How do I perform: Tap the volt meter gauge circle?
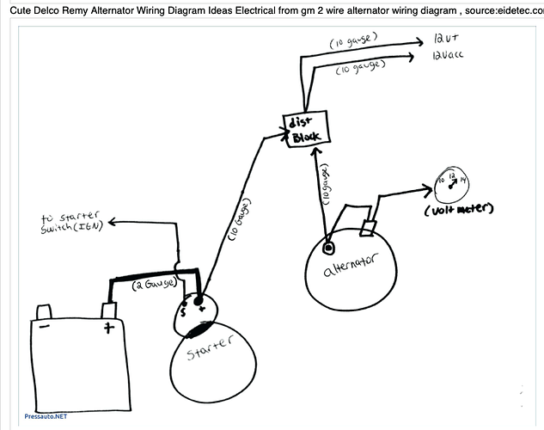[453, 181]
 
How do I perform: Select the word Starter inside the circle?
[211, 347]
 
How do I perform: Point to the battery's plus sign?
[109, 328]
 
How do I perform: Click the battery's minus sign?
[46, 327]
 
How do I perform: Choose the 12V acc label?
[448, 58]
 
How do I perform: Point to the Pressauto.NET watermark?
[46, 415]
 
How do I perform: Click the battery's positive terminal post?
[107, 310]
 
